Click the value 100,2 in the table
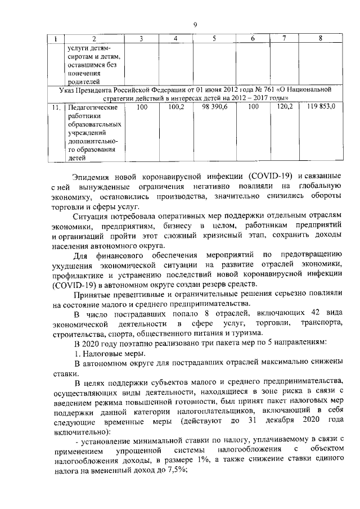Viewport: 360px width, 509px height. pos(176,107)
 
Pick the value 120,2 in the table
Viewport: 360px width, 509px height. pos(286,107)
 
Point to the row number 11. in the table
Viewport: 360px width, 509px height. pos(55,107)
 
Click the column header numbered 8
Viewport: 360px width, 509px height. pos(320,38)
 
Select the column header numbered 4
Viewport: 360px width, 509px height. pos(176,38)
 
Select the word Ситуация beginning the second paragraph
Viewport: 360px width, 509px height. pos(91,216)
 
